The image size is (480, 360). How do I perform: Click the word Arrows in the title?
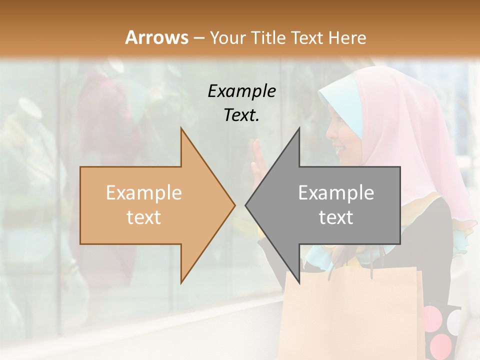[x=157, y=37]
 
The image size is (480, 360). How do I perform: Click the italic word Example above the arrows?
[x=241, y=91]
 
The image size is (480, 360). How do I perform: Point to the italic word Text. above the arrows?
[x=241, y=115]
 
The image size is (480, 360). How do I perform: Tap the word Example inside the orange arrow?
[x=143, y=193]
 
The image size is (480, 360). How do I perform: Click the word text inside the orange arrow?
[x=143, y=217]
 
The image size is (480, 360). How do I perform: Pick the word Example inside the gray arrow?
[x=336, y=193]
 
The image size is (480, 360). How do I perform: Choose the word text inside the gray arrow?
[x=336, y=217]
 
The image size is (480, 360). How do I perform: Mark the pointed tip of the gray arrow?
[x=247, y=205]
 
